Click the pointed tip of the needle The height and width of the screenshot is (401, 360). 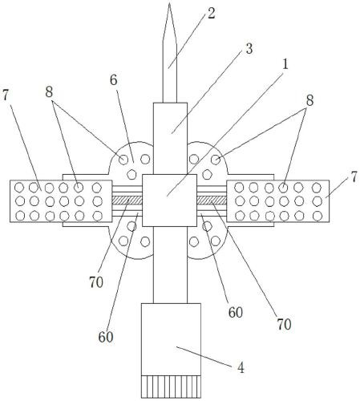pos(169,3)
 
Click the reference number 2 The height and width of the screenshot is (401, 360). pos(211,14)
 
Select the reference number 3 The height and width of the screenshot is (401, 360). pos(249,49)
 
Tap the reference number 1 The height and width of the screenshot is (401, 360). pos(285,64)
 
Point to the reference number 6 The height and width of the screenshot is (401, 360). pos(114,80)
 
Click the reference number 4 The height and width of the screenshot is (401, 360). pos(241,368)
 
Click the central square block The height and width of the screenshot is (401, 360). pos(169,200)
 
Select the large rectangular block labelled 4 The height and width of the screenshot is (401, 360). pos(171,339)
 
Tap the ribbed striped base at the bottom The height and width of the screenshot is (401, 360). pos(171,387)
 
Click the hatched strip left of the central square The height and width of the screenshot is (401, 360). pos(127,200)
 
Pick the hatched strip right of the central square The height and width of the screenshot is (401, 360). pos(212,200)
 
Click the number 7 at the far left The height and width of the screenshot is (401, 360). pos(6,95)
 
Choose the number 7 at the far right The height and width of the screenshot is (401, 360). pos(354,177)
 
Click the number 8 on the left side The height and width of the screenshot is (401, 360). pos(49,92)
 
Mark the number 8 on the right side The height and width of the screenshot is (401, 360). pos(309,101)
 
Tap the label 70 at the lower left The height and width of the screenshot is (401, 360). pos(96,282)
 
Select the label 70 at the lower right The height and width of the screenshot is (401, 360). pos(284,324)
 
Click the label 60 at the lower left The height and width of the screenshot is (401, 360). pos(106,337)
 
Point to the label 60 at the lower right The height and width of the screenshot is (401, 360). pos(236,312)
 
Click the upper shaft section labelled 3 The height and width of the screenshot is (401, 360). pos(170,139)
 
